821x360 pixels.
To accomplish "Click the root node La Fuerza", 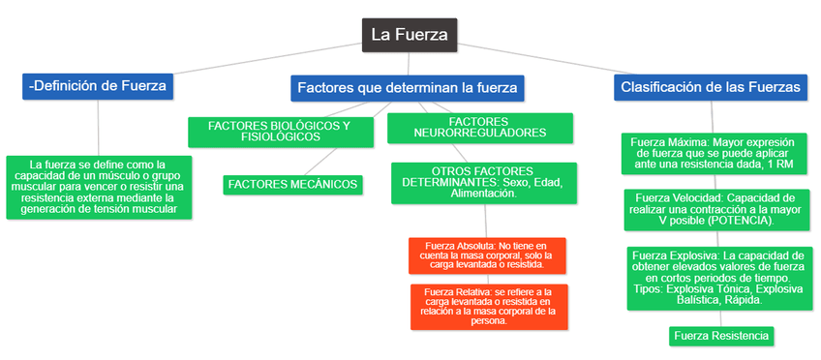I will pyautogui.click(x=410, y=35).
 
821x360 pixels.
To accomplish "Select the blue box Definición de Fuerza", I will pyautogui.click(x=99, y=86).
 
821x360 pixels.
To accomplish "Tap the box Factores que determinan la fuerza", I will pyautogui.click(x=407, y=88).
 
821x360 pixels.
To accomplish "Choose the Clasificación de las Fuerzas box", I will pyautogui.click(x=711, y=86).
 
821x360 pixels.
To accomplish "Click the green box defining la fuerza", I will pyautogui.click(x=99, y=186).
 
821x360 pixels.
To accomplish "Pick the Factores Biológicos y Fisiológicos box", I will pyautogui.click(x=279, y=131).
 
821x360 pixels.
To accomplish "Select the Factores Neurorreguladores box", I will pyautogui.click(x=466, y=127).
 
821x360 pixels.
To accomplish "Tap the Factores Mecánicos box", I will pyautogui.click(x=291, y=184).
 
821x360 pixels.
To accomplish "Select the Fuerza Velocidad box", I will pyautogui.click(x=710, y=208).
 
